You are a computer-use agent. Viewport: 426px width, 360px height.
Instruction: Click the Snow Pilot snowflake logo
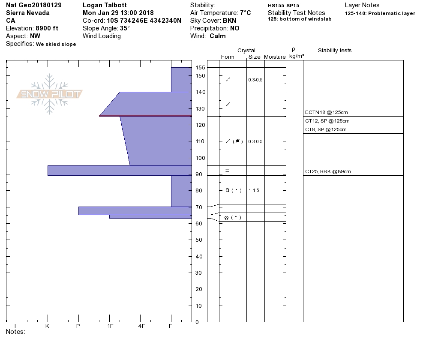(x=49, y=94)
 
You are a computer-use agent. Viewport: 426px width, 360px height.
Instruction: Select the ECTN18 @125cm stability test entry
(x=326, y=112)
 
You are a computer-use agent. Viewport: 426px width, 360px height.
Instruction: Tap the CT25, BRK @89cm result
(x=328, y=171)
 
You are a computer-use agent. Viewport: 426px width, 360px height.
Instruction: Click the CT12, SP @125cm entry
(x=327, y=121)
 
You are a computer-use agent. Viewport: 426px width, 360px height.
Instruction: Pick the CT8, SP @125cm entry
(x=326, y=129)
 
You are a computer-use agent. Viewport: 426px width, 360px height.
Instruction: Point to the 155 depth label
(x=200, y=68)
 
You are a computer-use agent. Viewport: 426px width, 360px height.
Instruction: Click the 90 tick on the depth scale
(x=199, y=174)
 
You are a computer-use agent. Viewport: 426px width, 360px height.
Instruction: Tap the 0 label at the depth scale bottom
(x=197, y=322)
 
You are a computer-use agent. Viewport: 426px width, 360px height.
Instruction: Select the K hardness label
(x=47, y=326)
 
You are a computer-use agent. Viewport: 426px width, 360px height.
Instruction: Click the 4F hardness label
(x=141, y=326)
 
